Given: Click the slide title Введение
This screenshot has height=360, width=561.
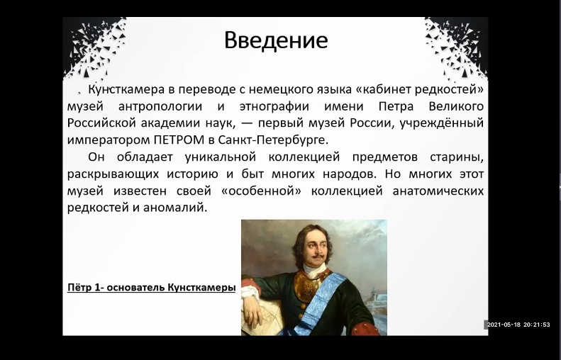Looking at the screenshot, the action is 276,40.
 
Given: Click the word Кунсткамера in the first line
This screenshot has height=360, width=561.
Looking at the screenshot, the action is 126,89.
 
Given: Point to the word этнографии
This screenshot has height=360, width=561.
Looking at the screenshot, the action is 274,106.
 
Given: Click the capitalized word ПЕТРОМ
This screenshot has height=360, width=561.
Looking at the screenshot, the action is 179,140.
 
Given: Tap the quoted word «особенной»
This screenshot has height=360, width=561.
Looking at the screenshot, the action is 261,191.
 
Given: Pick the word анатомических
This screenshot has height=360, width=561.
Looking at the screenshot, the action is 438,191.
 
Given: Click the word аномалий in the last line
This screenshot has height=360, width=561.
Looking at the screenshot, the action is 175,208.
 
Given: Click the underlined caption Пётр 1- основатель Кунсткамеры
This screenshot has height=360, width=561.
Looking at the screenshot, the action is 151,288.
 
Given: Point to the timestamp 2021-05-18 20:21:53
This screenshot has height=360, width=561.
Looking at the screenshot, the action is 518,325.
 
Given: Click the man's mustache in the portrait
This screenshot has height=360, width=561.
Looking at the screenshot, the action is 317,257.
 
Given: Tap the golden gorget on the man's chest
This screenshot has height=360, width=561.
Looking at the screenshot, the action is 309,286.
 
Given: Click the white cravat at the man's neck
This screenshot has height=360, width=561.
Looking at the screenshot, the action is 313,270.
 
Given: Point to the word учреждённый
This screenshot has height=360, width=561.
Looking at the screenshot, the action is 442,123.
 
